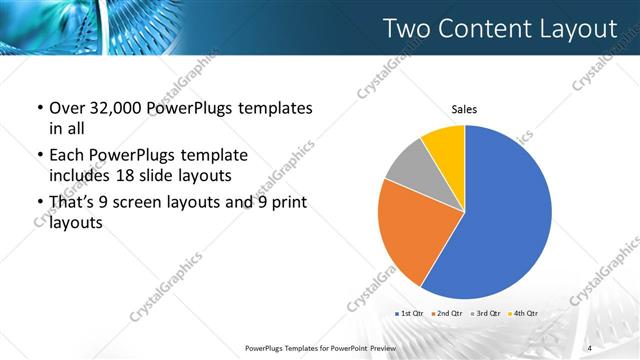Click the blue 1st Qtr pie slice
(505, 215)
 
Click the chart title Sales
(465, 108)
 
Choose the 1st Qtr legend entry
(411, 313)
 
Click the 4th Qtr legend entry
(522, 313)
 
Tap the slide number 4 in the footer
(590, 347)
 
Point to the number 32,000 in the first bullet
(117, 108)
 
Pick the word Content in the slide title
(483, 29)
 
